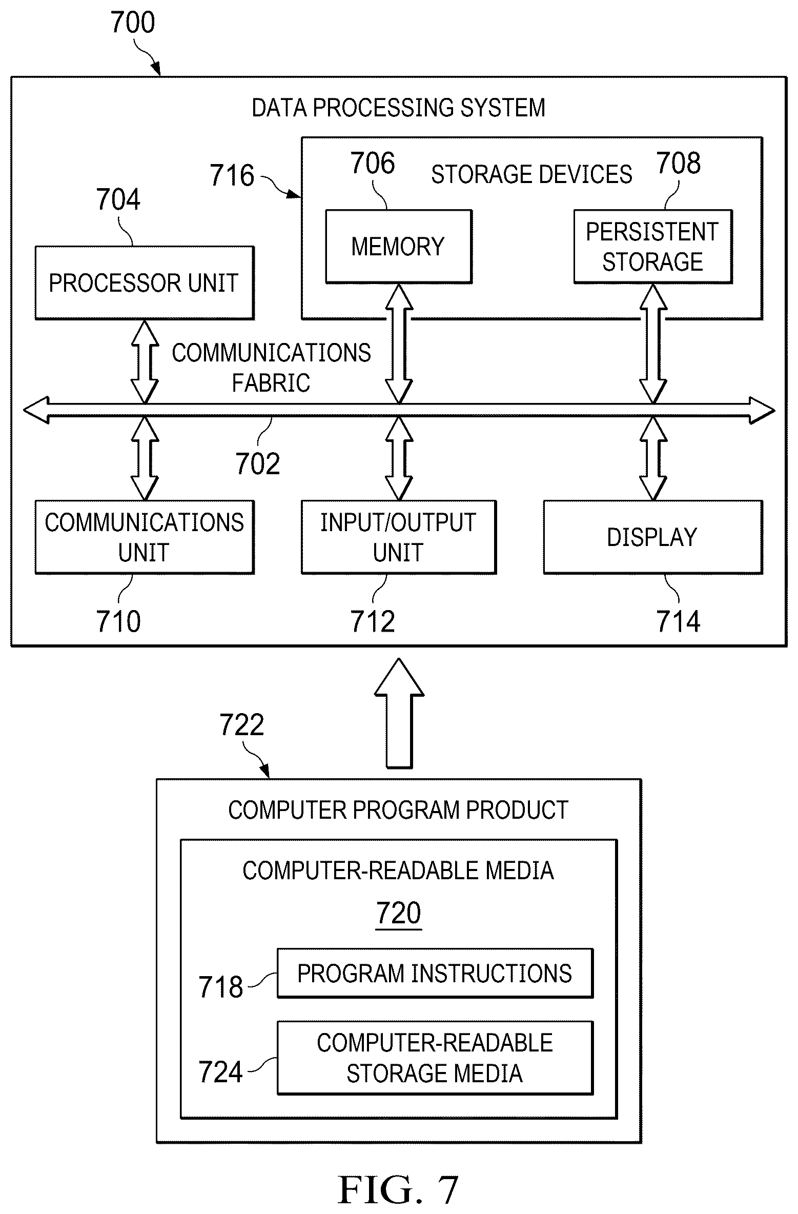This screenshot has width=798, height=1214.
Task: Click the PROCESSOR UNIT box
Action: click(x=145, y=283)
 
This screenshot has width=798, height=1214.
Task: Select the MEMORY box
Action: click(x=399, y=247)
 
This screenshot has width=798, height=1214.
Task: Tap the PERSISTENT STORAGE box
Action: click(x=653, y=247)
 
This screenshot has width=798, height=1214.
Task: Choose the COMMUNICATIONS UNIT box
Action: click(x=145, y=537)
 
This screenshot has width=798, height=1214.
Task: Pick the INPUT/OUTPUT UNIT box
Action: click(x=399, y=537)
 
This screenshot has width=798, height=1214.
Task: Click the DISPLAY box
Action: click(x=653, y=537)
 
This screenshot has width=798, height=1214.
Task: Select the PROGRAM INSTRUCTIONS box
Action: click(x=435, y=973)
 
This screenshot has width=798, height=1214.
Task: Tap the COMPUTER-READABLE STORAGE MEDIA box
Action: click(x=435, y=1058)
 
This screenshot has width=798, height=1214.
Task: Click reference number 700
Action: click(x=133, y=23)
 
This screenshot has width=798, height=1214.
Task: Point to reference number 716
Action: click(x=232, y=175)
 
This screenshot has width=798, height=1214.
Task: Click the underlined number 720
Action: click(x=399, y=913)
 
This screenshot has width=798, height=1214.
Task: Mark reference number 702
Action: click(x=258, y=464)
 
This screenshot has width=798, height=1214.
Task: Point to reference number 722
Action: click(x=242, y=725)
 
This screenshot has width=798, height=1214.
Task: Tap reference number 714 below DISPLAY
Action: click(x=679, y=622)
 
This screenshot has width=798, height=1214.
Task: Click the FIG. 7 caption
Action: click(x=398, y=1190)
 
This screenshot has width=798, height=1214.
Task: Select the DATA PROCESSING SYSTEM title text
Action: click(x=399, y=108)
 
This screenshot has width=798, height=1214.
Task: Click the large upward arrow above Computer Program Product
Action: click(x=399, y=713)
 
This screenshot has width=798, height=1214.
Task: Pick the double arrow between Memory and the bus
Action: click(x=399, y=343)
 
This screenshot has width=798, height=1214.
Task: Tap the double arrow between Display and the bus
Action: click(x=653, y=458)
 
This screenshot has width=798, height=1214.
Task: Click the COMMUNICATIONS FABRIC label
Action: click(x=271, y=368)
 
